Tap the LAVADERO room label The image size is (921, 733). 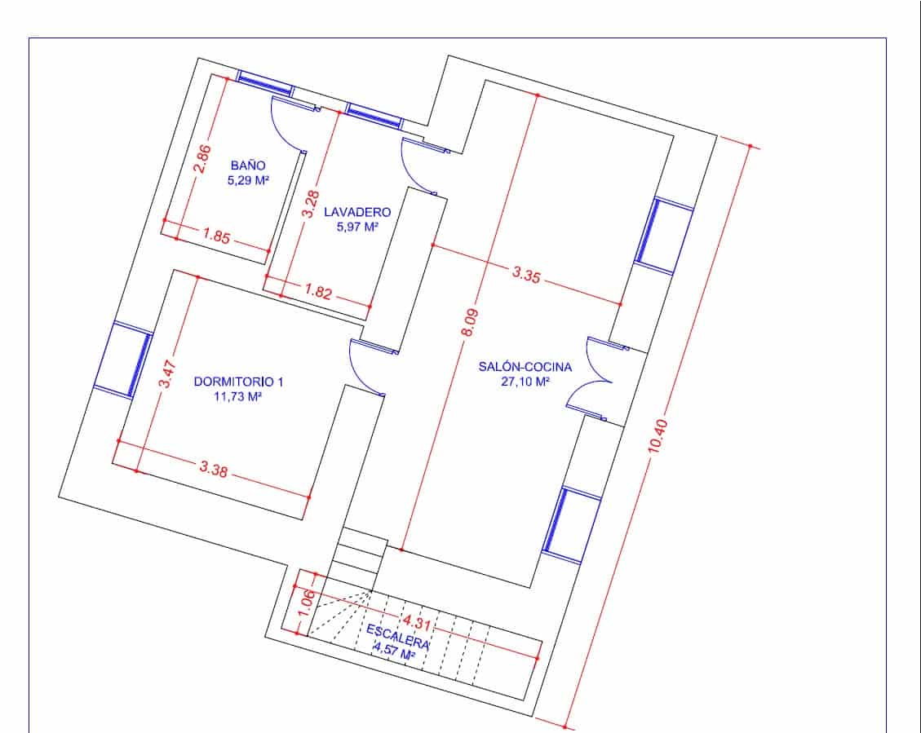tap(352, 212)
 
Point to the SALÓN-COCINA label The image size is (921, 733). tap(525, 367)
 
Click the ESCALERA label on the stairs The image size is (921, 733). tap(397, 635)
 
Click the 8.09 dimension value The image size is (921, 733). tap(470, 323)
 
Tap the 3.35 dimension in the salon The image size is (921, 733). tap(526, 275)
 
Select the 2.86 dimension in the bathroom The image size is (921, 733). tap(202, 159)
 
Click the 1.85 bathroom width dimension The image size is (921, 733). tap(216, 238)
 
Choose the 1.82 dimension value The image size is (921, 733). tap(318, 292)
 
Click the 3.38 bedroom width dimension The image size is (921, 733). tap(213, 469)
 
